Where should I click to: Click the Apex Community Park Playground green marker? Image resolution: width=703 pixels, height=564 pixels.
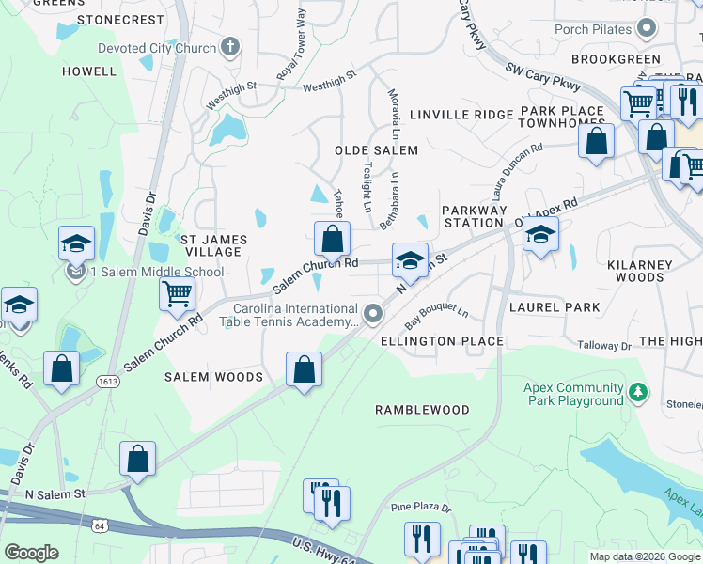pos(638,390)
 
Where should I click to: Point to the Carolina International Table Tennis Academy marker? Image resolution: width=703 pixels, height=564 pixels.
pos(374,313)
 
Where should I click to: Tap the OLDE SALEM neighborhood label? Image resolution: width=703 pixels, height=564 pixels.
pos(376,150)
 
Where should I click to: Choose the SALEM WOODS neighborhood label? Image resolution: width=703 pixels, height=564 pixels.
pos(213,377)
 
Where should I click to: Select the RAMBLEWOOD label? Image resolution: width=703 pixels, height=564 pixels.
pos(422,411)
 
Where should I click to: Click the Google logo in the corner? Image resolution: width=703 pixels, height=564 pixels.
pos(31,553)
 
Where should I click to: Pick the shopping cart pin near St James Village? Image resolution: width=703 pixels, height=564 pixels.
pos(177,294)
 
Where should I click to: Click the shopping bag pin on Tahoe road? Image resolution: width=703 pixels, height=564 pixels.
pos(332,239)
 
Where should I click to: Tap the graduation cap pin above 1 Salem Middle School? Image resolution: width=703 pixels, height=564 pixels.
pos(76,243)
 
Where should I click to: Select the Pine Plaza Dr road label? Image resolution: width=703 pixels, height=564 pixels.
pos(422,509)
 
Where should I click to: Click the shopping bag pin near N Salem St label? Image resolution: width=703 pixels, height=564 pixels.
pos(137,460)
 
